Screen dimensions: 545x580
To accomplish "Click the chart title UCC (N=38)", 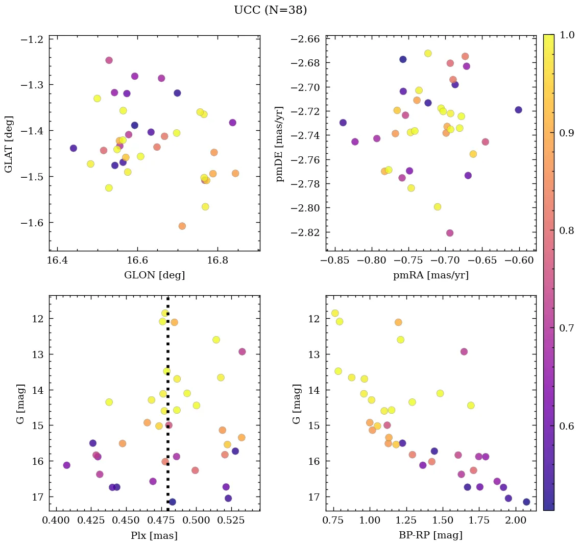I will click(270, 10).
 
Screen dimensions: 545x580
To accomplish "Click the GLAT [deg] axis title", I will click(9, 144).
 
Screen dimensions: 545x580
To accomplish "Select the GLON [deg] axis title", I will click(154, 275).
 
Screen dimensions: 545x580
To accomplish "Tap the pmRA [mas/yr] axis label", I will click(430, 275).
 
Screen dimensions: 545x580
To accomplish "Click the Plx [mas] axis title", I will click(154, 535).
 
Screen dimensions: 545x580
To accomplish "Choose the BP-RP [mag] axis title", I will click(430, 535).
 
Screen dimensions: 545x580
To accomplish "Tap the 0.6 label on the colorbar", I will click(565, 426).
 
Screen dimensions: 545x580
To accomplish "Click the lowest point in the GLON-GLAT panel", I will click(182, 226).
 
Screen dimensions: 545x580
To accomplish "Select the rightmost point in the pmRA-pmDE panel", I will click(518, 110).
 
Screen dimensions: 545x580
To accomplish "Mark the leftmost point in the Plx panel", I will click(66, 465).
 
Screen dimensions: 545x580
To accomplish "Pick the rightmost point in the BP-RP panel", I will click(526, 502).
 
